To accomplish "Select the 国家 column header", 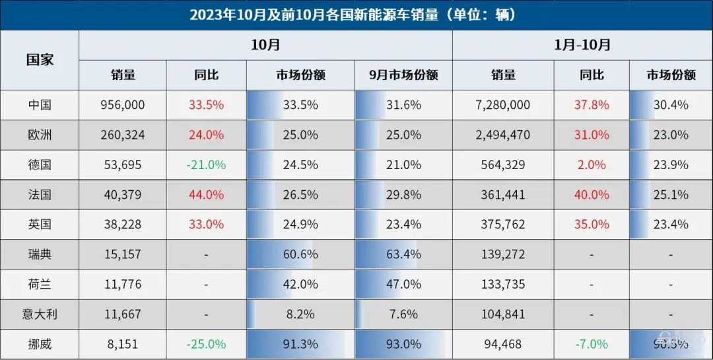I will pos(40,59).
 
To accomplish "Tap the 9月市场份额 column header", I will pos(403,75).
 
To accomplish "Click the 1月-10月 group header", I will pos(582,45).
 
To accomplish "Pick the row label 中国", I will pos(40,105).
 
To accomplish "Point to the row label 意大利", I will pos(40,314).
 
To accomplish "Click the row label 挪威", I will pos(40,344).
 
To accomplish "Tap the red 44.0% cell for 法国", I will pos(206,195).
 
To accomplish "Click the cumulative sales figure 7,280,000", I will pos(503,105).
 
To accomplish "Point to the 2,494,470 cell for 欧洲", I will pos(503,135).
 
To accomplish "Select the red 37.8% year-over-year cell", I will pos(592,105).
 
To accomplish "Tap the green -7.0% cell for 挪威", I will pos(592,344).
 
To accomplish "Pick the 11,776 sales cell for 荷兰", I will pos(122,285).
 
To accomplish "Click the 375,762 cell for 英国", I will pos(503,225).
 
